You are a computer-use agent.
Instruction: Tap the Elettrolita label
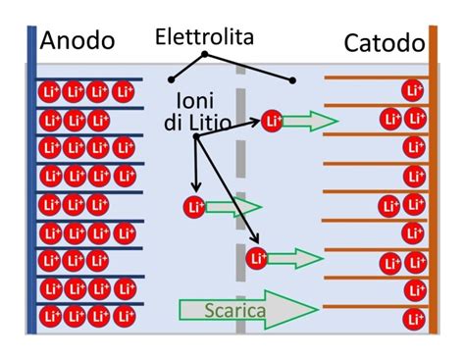204,37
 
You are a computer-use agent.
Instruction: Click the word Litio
223,125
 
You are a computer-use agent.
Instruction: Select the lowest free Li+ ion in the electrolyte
257,258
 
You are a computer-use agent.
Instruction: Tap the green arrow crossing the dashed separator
233,207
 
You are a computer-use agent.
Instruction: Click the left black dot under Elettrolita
171,78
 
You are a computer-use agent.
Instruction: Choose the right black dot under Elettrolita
292,78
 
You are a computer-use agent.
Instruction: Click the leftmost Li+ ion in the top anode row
51,92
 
